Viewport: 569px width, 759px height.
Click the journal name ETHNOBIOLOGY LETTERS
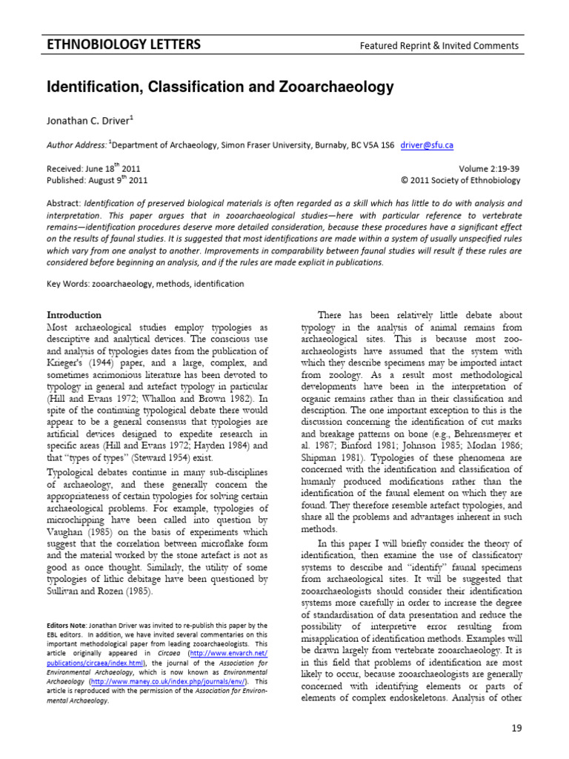(124, 44)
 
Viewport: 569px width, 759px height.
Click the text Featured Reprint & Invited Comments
(439, 46)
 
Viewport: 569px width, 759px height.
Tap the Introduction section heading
(74, 314)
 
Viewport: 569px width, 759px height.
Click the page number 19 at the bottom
(516, 729)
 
